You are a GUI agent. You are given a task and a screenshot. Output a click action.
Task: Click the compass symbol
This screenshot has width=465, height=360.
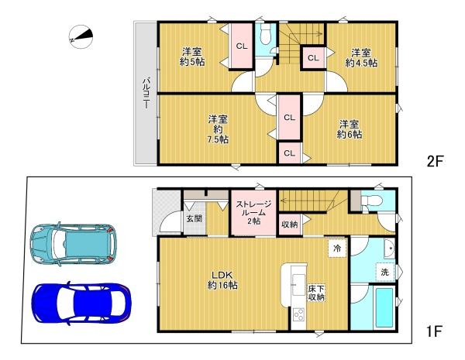pyautogui.click(x=81, y=37)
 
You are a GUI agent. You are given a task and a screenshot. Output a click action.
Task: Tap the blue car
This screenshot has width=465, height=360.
pyautogui.click(x=81, y=303)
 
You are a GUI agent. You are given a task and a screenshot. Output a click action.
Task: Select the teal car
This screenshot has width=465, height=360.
pyautogui.click(x=74, y=245)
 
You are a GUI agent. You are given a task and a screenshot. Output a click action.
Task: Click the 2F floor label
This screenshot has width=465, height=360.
pyautogui.click(x=435, y=162)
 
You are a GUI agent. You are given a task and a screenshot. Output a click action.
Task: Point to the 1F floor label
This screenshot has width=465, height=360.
pyautogui.click(x=435, y=331)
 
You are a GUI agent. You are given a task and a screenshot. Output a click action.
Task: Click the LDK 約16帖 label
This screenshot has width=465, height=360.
pyautogui.click(x=222, y=280)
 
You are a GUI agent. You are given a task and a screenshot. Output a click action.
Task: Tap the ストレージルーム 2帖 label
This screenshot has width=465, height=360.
pyautogui.click(x=253, y=212)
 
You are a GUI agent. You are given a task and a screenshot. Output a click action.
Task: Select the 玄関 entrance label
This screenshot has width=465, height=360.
pyautogui.click(x=194, y=218)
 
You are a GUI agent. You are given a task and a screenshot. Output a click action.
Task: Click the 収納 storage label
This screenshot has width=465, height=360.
pyautogui.click(x=289, y=225)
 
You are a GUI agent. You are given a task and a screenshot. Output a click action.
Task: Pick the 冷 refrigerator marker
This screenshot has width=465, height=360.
pyautogui.click(x=337, y=248)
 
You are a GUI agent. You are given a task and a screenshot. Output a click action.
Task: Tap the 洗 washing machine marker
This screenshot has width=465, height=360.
pyautogui.click(x=384, y=272)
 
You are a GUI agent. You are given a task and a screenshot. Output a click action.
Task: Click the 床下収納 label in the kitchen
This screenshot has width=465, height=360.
pyautogui.click(x=316, y=293)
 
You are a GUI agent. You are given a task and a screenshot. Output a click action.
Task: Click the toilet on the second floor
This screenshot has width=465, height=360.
pyautogui.click(x=265, y=33)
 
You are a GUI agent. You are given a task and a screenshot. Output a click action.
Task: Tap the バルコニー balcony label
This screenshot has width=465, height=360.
pyautogui.click(x=146, y=93)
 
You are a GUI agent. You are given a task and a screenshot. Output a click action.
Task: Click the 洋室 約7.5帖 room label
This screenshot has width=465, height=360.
pyautogui.click(x=218, y=129)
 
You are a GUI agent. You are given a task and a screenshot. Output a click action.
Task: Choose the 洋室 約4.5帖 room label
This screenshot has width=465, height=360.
pyautogui.click(x=361, y=58)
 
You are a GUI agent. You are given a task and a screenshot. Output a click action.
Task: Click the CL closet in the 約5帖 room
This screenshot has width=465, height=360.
pyautogui.click(x=242, y=46)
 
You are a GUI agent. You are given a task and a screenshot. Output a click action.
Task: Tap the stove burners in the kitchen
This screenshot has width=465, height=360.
pyautogui.click(x=298, y=314)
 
